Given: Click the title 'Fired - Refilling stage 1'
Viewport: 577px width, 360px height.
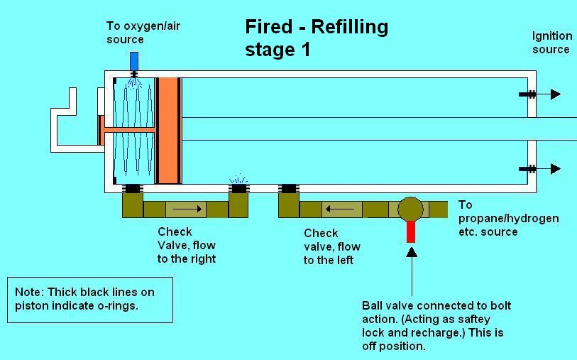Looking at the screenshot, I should pos(317,38).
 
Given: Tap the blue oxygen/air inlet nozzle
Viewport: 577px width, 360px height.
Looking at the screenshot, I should pos(133,61).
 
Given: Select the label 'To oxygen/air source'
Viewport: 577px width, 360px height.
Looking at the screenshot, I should pos(135,33).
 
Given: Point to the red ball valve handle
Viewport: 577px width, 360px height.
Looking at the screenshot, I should pos(410,231).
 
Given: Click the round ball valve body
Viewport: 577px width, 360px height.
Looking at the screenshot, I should pos(410,209).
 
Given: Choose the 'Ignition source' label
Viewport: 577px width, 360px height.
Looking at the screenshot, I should pos(551,42).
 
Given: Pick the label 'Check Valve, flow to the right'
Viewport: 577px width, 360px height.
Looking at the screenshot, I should pos(186,245).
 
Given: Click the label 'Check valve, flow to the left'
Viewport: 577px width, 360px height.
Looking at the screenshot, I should pos(331,246).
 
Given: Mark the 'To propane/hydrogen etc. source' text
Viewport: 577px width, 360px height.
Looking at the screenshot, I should pos(508,218).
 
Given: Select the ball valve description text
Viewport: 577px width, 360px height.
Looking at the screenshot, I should pos(436,326).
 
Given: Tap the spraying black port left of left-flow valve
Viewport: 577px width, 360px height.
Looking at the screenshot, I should pos(238,187).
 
